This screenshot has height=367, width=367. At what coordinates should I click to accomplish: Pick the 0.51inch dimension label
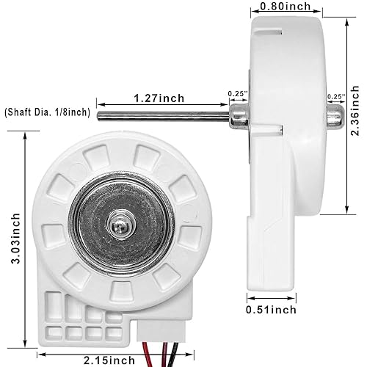click(x=271, y=310)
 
